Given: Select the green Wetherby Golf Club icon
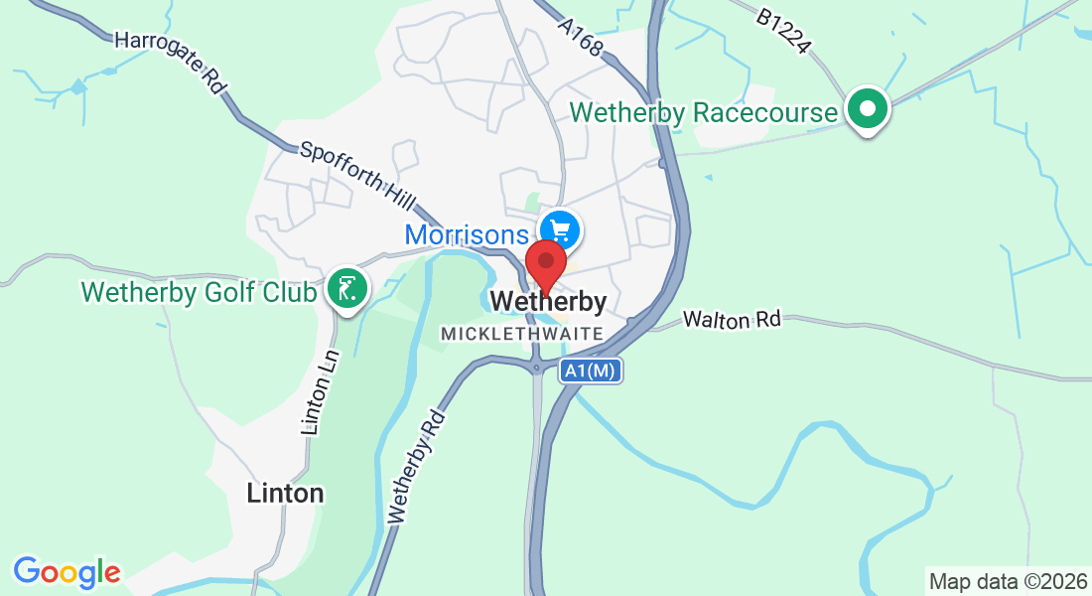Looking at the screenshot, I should (346, 289).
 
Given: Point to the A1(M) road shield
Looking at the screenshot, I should (591, 372).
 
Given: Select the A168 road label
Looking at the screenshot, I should (580, 35).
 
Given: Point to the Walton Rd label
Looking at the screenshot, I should (733, 320).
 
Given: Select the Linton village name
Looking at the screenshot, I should (285, 494).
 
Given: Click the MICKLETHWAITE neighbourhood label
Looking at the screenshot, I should (522, 334).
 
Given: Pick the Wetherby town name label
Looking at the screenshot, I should (548, 301).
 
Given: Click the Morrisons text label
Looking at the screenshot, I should (467, 235).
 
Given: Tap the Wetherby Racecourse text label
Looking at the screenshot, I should (705, 112).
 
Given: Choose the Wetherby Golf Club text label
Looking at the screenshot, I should (199, 293).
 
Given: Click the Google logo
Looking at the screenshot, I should (67, 572).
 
